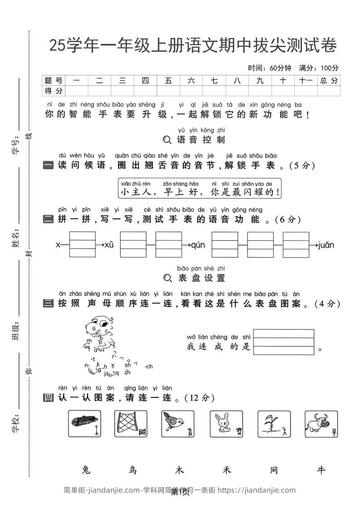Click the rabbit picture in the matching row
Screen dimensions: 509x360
coord(226,424)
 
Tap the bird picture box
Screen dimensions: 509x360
coord(178,424)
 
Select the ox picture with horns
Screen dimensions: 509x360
coord(321,424)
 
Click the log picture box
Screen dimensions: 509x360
coord(84,424)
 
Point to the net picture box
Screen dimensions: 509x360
coord(131,424)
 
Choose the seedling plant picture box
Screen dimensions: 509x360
coord(274,424)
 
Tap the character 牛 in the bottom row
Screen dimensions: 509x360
coord(321,470)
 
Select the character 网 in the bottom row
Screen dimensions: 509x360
coord(274,470)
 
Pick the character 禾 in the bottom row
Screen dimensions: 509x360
coord(227,470)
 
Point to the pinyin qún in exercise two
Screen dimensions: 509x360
coord(198,245)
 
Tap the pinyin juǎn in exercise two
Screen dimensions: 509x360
coord(326,245)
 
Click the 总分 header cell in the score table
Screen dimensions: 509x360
coord(329,80)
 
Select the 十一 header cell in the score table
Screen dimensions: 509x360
coord(306,80)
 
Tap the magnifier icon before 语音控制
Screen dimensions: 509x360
coord(167,139)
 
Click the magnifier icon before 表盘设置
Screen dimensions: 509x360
coord(167,277)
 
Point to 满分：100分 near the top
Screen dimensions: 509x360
coord(319,68)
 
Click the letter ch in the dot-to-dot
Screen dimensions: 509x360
coord(149,366)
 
